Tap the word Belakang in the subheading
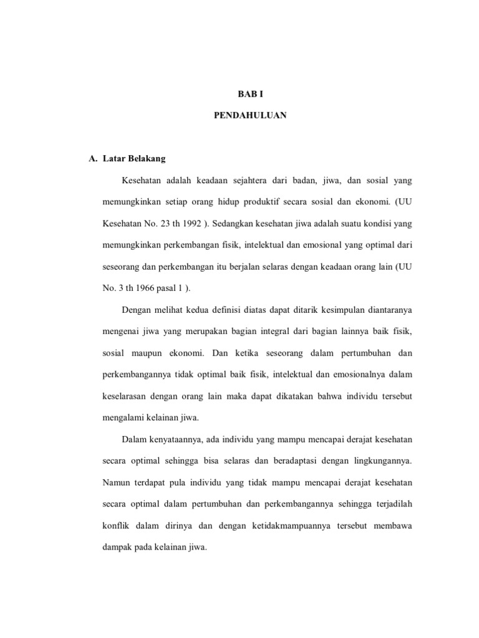pos(147,159)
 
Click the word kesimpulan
pos(331,310)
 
